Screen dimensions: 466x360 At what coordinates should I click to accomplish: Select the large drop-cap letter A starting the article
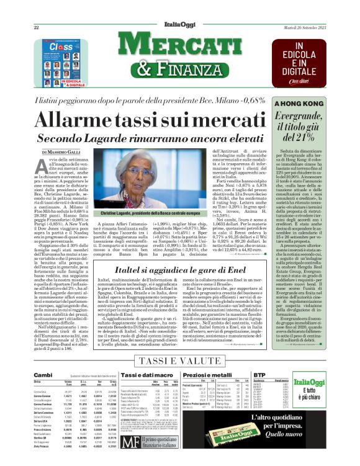pyautogui.click(x=43, y=167)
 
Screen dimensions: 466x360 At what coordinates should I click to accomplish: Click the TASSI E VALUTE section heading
pyautogui.click(x=179, y=361)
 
